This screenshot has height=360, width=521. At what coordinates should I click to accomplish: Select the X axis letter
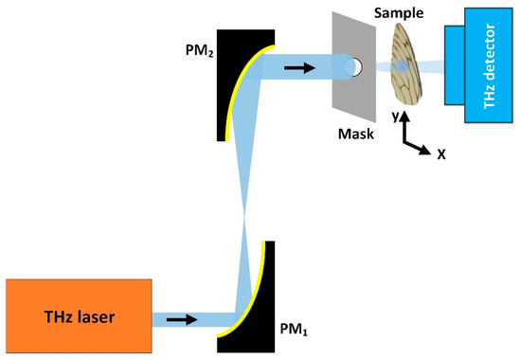point(440,150)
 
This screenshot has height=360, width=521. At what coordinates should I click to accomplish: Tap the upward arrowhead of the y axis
point(406,118)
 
